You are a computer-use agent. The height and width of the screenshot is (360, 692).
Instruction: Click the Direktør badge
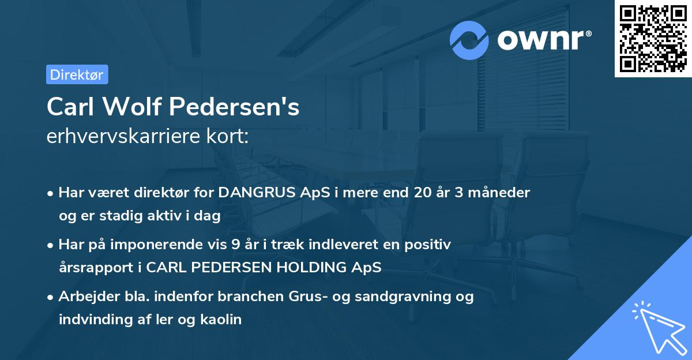(77, 74)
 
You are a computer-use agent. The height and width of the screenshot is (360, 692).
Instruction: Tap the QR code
(653, 39)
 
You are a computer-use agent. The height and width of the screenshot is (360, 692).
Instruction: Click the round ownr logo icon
(470, 40)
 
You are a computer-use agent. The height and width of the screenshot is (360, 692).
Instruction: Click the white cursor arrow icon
(660, 328)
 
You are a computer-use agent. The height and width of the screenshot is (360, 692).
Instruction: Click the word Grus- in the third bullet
(303, 297)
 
